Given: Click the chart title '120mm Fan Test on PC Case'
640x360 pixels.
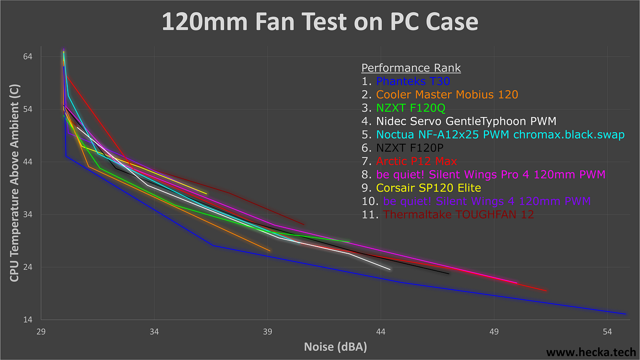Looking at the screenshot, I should click(320, 22).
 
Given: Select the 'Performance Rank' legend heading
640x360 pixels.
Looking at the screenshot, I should click(411, 68).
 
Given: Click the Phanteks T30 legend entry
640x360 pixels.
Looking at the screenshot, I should click(413, 81).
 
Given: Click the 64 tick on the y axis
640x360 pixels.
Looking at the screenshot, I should click(28, 57).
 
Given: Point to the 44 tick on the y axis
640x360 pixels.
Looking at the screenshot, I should click(28, 162).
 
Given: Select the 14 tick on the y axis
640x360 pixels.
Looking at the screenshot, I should click(28, 320).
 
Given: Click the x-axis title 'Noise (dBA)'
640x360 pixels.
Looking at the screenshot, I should click(335, 347).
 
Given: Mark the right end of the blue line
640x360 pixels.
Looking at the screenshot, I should click(625, 314).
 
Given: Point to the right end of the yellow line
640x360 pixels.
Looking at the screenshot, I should click(207, 193).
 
